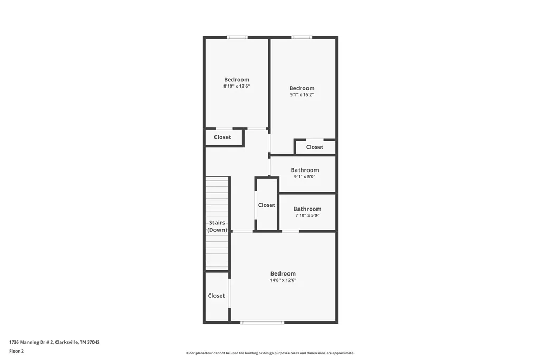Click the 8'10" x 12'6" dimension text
(x=237, y=86)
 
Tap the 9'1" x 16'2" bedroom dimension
(x=302, y=94)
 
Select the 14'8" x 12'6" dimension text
(x=283, y=280)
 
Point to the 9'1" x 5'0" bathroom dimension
(x=305, y=176)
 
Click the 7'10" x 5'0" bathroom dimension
(x=307, y=215)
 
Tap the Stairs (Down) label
(x=217, y=226)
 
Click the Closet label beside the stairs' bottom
(x=216, y=296)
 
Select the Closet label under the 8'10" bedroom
(x=222, y=137)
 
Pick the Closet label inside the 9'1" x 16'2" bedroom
(x=315, y=147)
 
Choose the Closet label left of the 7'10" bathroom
(x=267, y=205)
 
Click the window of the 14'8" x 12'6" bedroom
(x=263, y=323)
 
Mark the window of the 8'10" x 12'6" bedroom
(x=237, y=37)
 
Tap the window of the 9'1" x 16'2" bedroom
(x=302, y=37)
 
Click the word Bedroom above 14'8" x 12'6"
(x=283, y=274)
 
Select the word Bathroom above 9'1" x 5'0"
(x=305, y=170)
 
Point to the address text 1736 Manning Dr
(x=31, y=342)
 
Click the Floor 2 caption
(x=16, y=351)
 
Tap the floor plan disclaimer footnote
(x=270, y=353)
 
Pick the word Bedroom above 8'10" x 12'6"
(x=237, y=80)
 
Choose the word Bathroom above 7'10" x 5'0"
(x=307, y=209)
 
